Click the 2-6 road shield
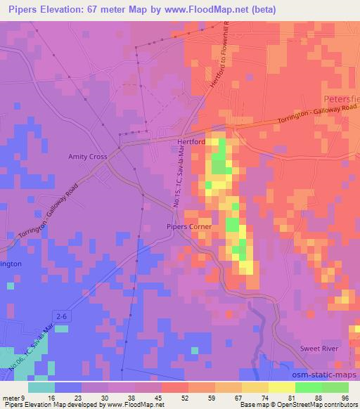tap(62, 317)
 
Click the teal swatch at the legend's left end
tap(41, 387)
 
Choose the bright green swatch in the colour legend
tap(308, 387)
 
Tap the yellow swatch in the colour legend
tap(281, 387)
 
